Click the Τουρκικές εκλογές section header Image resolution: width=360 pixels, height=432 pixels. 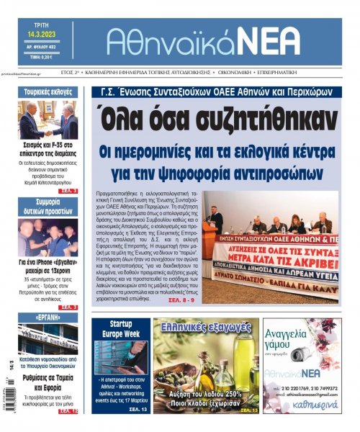[48, 91]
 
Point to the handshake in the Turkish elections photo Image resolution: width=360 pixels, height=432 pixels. [48, 131]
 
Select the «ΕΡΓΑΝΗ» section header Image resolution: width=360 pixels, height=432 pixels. [48, 318]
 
